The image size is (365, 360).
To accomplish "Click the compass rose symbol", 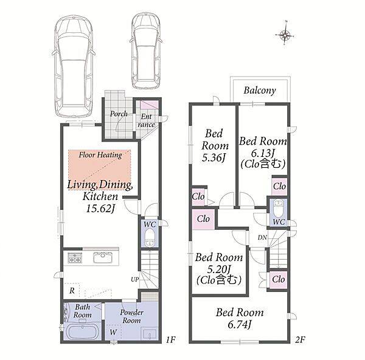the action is click(x=285, y=35).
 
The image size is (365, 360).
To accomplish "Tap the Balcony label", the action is click(x=260, y=90).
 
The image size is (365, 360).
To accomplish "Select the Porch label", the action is click(x=119, y=114).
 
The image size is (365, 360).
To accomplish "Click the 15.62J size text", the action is click(x=100, y=209).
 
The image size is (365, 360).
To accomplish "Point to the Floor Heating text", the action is click(x=100, y=154).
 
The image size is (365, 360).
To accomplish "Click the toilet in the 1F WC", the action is click(x=150, y=237).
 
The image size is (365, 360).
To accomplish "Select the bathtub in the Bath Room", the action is click(x=83, y=332).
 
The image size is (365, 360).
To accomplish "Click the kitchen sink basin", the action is click(x=103, y=258).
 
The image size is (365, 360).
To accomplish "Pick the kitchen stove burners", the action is click(x=75, y=258).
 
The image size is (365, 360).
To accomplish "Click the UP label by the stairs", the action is click(x=135, y=280).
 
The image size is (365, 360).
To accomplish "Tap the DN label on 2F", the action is click(x=262, y=238).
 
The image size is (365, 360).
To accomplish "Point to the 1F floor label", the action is click(x=170, y=340).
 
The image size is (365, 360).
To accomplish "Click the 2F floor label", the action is click(x=300, y=340).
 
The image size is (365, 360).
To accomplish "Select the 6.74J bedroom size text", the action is click(x=240, y=325).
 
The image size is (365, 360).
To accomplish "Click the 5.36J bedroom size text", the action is click(x=214, y=158).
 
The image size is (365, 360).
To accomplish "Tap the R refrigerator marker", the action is click(x=72, y=291).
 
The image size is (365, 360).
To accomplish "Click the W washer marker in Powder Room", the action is click(x=113, y=332).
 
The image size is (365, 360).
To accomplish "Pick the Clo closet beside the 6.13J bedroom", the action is click(x=279, y=186).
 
